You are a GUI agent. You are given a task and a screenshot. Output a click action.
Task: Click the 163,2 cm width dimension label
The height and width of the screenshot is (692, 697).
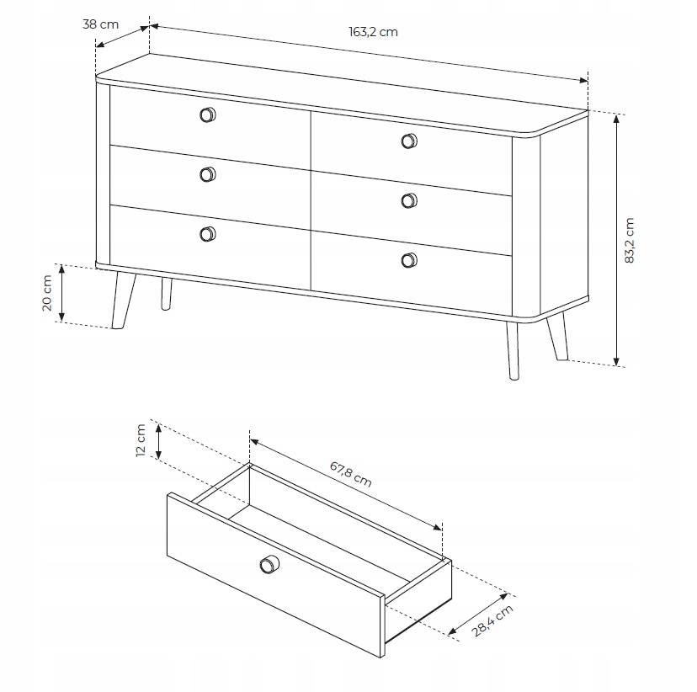[373, 32]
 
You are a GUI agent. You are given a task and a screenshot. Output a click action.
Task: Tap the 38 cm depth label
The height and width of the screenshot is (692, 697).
[100, 24]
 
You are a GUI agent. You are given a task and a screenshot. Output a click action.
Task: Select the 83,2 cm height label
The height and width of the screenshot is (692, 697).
[630, 241]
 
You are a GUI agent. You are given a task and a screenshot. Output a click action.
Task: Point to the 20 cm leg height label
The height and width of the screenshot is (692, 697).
[47, 293]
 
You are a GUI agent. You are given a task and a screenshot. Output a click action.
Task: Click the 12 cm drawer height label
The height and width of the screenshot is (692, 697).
[141, 440]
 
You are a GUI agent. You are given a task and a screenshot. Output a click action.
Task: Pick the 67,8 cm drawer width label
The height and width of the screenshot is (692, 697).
[351, 474]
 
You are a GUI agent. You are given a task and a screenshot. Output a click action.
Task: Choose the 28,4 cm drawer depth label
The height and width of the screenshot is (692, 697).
[492, 620]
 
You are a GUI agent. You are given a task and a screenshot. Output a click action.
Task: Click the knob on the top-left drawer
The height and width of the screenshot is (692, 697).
[208, 114]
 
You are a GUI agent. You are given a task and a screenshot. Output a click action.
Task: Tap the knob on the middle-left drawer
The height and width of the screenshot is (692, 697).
[208, 174]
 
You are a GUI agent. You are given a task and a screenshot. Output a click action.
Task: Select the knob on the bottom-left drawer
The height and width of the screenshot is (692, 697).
[208, 234]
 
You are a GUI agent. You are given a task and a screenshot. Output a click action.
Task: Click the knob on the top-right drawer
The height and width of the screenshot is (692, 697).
[409, 141]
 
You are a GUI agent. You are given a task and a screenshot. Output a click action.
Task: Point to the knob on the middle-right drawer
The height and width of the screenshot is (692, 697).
[409, 201]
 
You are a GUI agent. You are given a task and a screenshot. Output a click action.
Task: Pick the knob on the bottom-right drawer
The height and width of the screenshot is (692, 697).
[409, 260]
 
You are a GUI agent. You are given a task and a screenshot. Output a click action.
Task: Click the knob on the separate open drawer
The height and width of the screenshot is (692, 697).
[269, 565]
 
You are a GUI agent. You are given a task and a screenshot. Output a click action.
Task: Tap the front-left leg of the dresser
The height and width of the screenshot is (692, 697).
[123, 301]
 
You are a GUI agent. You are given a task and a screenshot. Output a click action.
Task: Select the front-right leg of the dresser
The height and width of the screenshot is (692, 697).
[513, 351]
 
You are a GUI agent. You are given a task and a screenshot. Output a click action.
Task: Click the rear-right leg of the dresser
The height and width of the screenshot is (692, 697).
[558, 337]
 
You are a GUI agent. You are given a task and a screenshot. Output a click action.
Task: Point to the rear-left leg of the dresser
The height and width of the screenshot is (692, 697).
[166, 294]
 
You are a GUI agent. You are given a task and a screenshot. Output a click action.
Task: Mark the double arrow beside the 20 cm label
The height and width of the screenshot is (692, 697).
[61, 293]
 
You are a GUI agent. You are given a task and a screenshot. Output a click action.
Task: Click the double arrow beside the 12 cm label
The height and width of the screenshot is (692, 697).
[158, 441]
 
